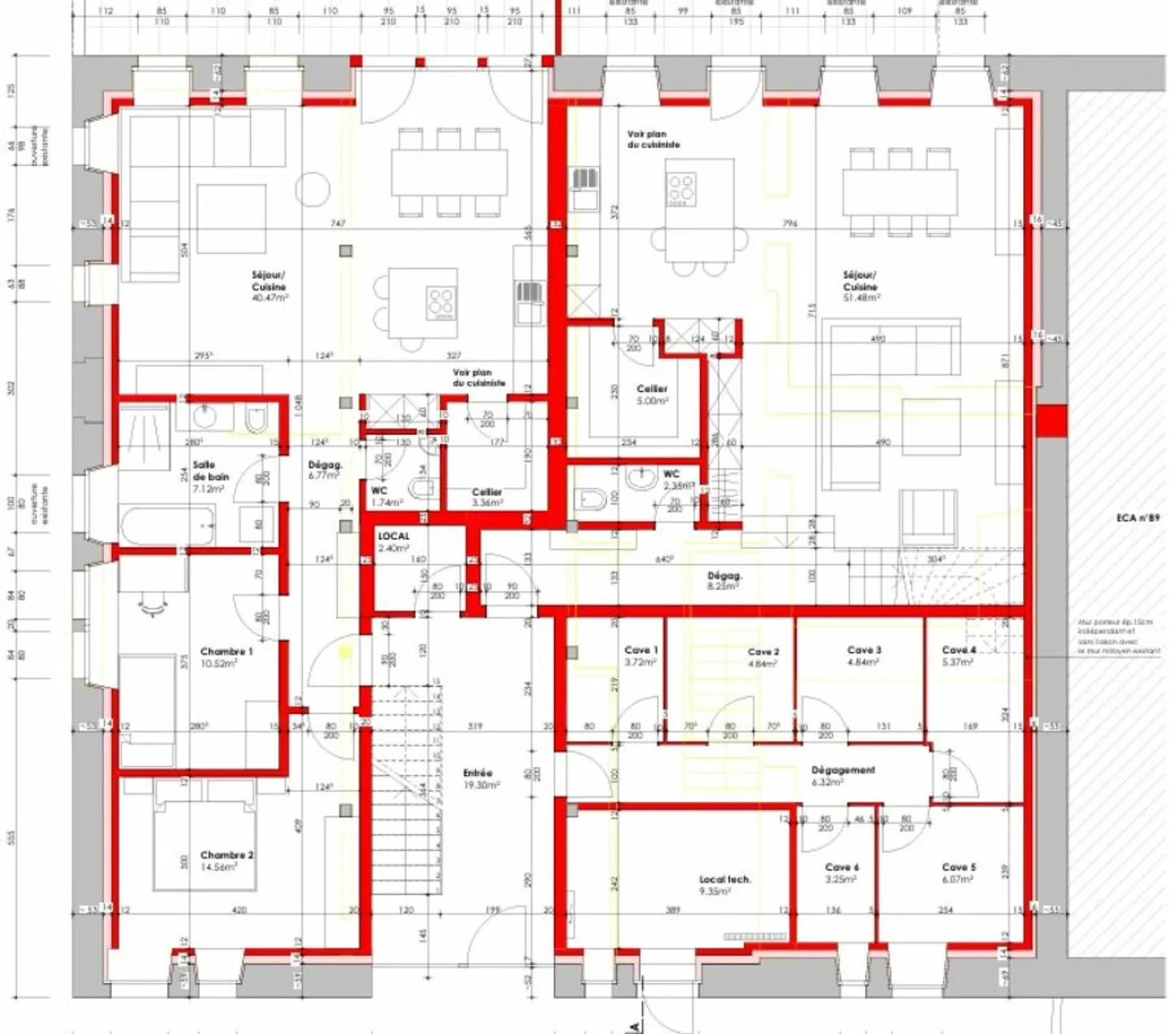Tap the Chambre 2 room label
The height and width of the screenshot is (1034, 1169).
[x=226, y=860]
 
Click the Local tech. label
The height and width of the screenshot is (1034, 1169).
[x=725, y=885]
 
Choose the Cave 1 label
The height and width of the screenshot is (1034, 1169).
[x=641, y=655]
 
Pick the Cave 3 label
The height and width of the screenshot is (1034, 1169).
[x=864, y=655]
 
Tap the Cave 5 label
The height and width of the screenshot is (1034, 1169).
[x=959, y=872]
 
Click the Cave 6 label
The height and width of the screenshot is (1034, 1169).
[x=842, y=872]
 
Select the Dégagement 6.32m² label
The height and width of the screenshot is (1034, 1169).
[x=843, y=776]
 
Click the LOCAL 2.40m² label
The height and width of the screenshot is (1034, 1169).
[x=394, y=541]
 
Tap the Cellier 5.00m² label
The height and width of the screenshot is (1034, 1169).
[x=652, y=394]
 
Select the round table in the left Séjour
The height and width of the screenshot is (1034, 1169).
[x=313, y=189]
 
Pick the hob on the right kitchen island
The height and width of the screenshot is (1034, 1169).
[x=681, y=189]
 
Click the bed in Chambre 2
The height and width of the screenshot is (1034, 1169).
[x=204, y=844]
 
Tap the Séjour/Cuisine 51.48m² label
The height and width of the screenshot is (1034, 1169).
[x=860, y=286]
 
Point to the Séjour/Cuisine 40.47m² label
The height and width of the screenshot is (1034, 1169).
[x=269, y=286]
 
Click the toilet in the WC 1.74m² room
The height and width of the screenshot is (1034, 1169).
[x=422, y=488]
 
